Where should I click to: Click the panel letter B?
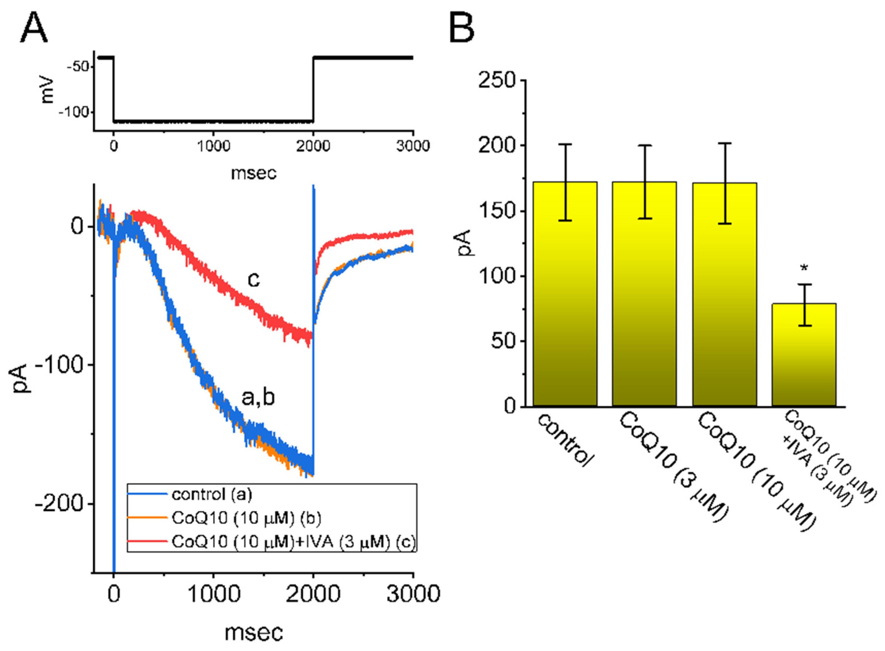pyautogui.click(x=461, y=28)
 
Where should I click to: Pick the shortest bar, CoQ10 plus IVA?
pyautogui.click(x=803, y=355)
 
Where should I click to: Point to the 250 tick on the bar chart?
pyautogui.click(x=497, y=80)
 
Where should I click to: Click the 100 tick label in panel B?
pyautogui.click(x=497, y=276)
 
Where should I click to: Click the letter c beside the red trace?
pyautogui.click(x=253, y=280)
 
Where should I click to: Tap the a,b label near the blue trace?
pyautogui.click(x=258, y=398)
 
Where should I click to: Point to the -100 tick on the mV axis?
pyautogui.click(x=74, y=112)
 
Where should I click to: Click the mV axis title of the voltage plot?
pyautogui.click(x=47, y=90)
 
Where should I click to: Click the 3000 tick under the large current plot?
pyautogui.click(x=413, y=593)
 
